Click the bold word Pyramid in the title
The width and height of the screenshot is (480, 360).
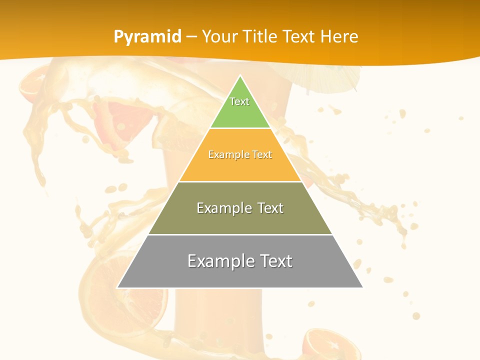point(147,36)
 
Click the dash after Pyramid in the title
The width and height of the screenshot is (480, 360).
point(191,37)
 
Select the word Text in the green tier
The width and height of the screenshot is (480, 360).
point(239,101)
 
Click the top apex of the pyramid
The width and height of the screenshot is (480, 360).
point(240,76)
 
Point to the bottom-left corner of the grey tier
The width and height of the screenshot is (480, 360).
point(117,287)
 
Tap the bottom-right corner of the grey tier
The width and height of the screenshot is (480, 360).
point(362,287)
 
